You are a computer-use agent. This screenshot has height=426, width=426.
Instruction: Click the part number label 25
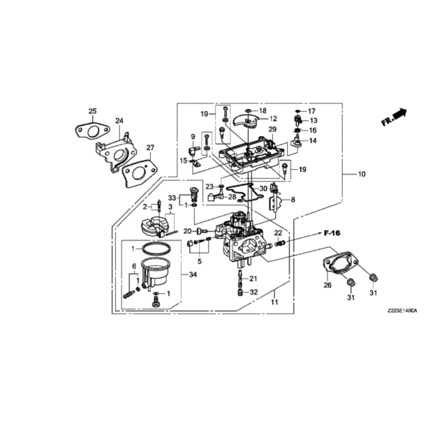pyautogui.click(x=92, y=111)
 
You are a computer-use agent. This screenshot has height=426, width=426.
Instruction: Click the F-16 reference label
pyautogui.click(x=332, y=233)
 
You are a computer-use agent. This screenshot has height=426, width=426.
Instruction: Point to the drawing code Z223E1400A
pyautogui.click(x=402, y=310)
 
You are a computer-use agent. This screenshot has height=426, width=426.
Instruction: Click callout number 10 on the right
pyautogui.click(x=362, y=174)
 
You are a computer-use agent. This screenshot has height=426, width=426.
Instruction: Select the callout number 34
pyautogui.click(x=193, y=274)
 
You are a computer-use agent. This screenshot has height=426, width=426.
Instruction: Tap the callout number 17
pyautogui.click(x=311, y=111)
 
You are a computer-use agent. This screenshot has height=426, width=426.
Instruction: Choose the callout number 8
pyautogui.click(x=293, y=200)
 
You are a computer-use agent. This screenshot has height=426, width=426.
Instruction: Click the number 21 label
pyautogui.click(x=253, y=278)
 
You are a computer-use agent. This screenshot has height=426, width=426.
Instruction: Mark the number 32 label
pyautogui.click(x=254, y=292)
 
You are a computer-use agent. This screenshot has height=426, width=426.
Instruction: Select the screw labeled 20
pyautogui.click(x=202, y=231)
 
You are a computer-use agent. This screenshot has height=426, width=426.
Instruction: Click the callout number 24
pyautogui.click(x=119, y=120)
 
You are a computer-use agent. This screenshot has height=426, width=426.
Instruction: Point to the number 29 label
pyautogui.click(x=272, y=129)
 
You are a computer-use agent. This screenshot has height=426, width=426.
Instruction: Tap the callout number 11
pyautogui.click(x=274, y=302)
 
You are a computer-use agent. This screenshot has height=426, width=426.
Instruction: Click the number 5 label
pyautogui.click(x=200, y=261)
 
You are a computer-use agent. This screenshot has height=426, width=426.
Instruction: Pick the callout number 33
pyautogui.click(x=172, y=198)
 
